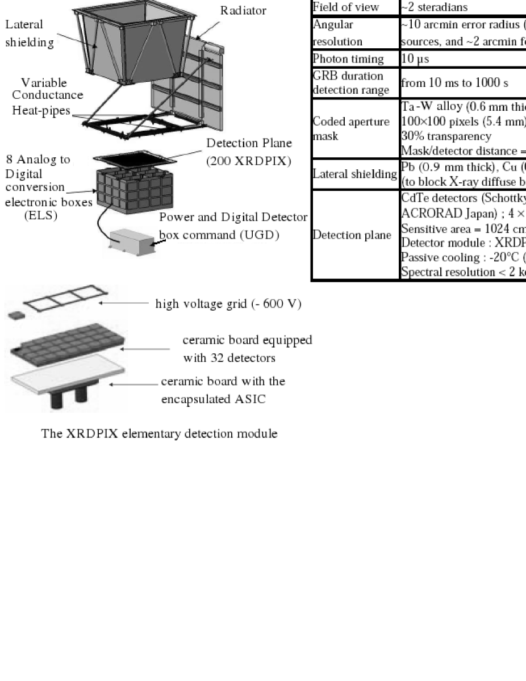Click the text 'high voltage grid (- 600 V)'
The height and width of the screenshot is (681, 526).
coord(227,303)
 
